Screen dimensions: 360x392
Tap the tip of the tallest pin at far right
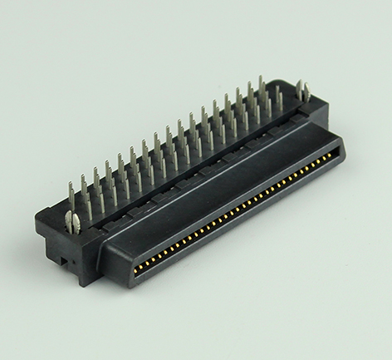[x=260, y=78]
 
